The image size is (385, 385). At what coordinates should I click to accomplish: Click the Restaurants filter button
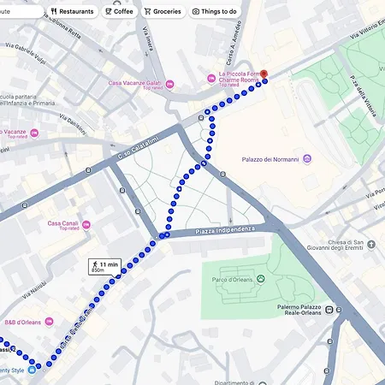coord(72,11)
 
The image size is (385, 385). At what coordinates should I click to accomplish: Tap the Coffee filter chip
coord(119,11)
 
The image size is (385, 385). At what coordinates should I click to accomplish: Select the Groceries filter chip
coord(162,11)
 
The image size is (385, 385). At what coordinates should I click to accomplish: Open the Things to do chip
coord(214,11)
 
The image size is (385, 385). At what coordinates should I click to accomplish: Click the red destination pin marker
coord(264,74)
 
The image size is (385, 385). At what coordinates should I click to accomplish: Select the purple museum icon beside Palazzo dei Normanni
coord(308,159)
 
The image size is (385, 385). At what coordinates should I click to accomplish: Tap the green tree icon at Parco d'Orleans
coord(261,279)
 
